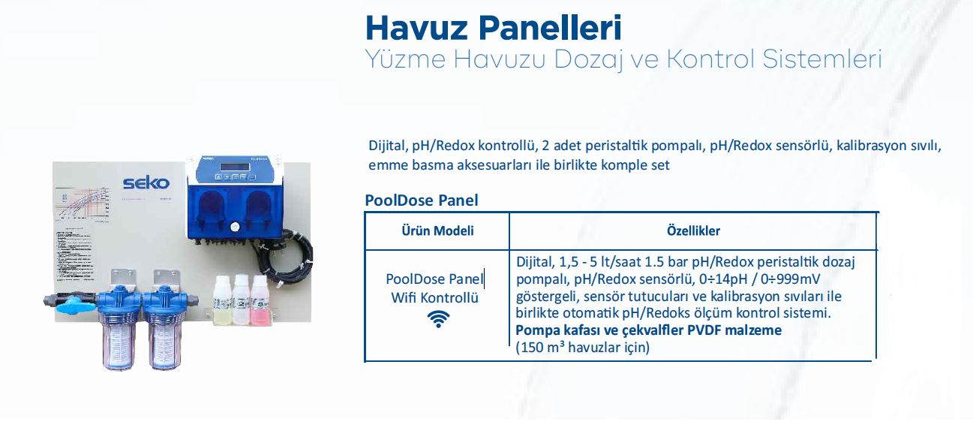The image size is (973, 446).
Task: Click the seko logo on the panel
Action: [146, 182]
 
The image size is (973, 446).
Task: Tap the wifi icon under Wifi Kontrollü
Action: [438, 319]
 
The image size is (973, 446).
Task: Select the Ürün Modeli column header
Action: [437, 231]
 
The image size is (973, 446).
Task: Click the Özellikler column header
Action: [693, 231]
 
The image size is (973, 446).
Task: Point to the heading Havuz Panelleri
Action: [493, 29]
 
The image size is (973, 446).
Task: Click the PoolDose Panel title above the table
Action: [421, 200]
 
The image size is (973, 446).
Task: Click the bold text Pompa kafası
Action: [554, 330]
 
